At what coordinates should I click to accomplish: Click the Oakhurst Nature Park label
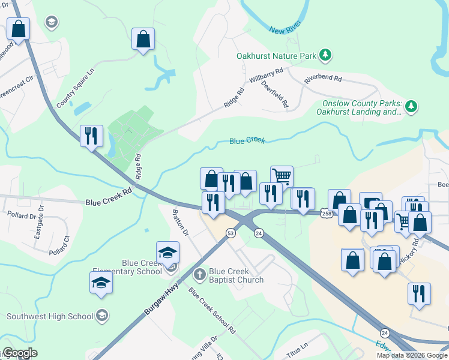276,56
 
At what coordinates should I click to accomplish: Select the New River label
284,29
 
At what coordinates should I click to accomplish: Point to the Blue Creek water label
247,140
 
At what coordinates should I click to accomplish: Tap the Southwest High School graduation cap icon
102,316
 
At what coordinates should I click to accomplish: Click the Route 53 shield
230,233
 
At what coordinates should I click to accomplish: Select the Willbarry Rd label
266,79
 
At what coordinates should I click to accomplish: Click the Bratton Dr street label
180,223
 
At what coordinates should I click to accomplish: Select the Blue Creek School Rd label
211,310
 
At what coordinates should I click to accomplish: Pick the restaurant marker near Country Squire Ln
91,135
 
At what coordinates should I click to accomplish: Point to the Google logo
19,353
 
